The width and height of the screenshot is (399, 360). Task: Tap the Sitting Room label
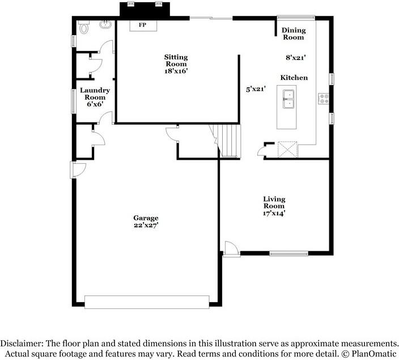pyautogui.click(x=176, y=61)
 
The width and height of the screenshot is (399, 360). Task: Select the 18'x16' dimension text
pyautogui.click(x=176, y=71)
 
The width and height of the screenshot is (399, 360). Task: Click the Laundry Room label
pyautogui.click(x=95, y=94)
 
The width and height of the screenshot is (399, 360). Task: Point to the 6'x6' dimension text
pyautogui.click(x=95, y=105)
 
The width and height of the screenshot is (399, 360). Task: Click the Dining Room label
pyautogui.click(x=294, y=34)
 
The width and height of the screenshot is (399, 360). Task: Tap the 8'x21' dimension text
pyautogui.click(x=295, y=57)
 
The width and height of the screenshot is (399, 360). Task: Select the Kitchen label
pyautogui.click(x=294, y=77)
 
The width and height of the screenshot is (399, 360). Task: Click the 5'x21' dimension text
pyautogui.click(x=256, y=89)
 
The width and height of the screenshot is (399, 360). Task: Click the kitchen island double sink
pyautogui.click(x=288, y=99)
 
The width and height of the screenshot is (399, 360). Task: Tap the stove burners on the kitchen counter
pyautogui.click(x=324, y=98)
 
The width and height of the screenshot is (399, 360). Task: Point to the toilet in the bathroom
pyautogui.click(x=84, y=27)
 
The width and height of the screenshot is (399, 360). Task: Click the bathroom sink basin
pyautogui.click(x=105, y=25)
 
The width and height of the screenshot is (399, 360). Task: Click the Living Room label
pyautogui.click(x=274, y=202)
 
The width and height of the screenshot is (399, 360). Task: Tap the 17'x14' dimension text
pyautogui.click(x=274, y=213)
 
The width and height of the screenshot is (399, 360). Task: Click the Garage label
pyautogui.click(x=146, y=218)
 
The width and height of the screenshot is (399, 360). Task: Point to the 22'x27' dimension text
pyautogui.click(x=146, y=225)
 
